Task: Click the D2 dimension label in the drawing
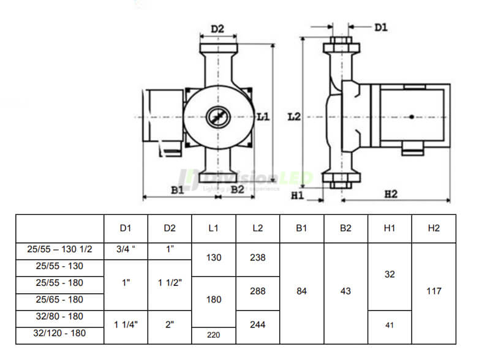tap(217, 29)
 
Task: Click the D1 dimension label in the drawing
tap(380, 28)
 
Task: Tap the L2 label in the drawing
tap(294, 116)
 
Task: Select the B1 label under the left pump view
tap(177, 190)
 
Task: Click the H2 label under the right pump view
tap(391, 194)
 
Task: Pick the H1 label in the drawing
tap(298, 195)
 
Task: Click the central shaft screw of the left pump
tap(217, 116)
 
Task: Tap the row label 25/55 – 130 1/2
tap(59, 250)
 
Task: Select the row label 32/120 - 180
tap(59, 334)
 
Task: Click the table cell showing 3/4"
tap(126, 250)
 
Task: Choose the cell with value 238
tap(258, 258)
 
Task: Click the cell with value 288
tap(258, 291)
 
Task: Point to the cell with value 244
tap(258, 325)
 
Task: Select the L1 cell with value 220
tap(214, 335)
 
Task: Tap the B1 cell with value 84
tap(301, 291)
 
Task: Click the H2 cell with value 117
tap(434, 291)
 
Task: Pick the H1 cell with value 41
tap(390, 326)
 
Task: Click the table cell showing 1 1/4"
tap(126, 325)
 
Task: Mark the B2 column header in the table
tap(345, 228)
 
